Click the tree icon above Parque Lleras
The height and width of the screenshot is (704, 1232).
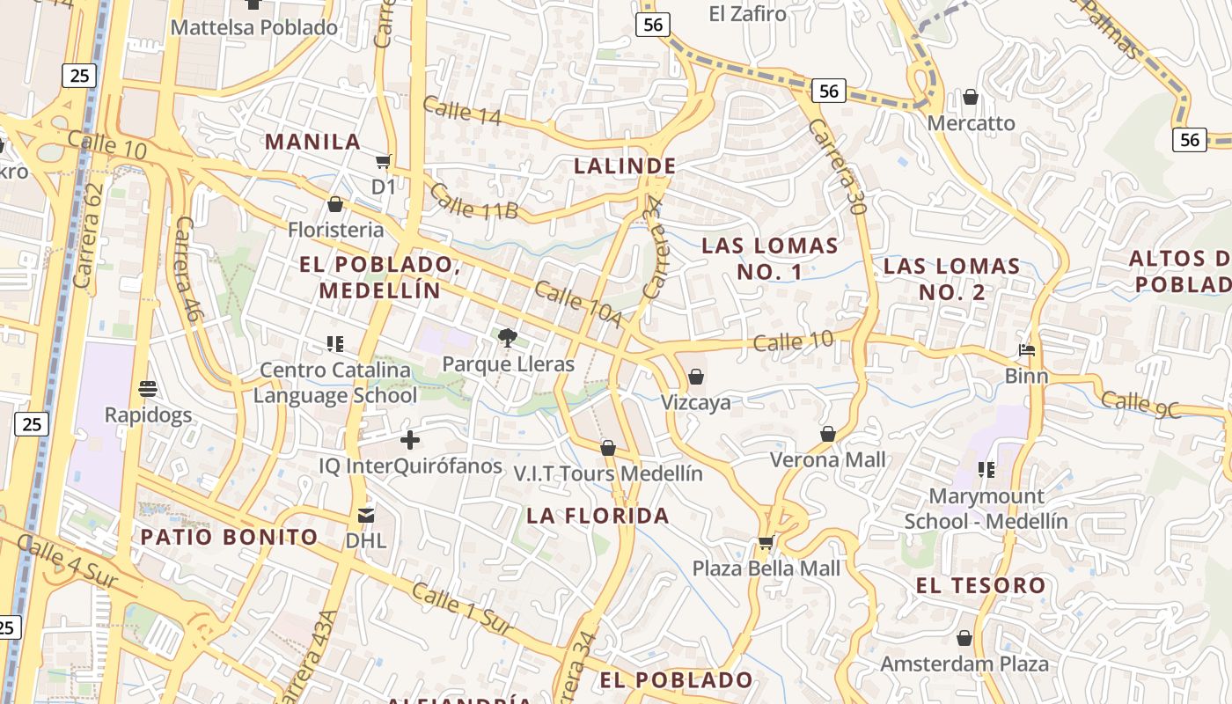(507, 337)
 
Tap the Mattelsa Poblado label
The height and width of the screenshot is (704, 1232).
(254, 27)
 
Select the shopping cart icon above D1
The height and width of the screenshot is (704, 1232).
(383, 161)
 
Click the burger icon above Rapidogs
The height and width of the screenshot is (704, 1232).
(148, 388)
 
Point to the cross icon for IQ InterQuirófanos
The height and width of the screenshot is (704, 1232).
(410, 440)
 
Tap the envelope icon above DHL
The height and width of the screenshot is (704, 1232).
(365, 515)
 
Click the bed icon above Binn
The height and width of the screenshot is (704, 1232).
(1027, 350)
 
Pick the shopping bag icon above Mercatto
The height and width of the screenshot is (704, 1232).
(971, 97)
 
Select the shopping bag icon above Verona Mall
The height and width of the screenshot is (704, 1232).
(828, 434)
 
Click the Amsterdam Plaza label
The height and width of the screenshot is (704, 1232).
(964, 663)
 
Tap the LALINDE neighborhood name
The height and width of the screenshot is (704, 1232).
(625, 165)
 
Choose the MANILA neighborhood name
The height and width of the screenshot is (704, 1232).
(313, 142)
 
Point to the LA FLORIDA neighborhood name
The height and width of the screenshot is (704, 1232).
(598, 516)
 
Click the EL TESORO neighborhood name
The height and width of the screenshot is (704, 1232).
(981, 585)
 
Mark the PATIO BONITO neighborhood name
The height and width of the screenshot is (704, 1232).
(230, 537)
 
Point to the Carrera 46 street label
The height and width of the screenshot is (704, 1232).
(187, 268)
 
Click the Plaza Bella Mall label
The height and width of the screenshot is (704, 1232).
(766, 568)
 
